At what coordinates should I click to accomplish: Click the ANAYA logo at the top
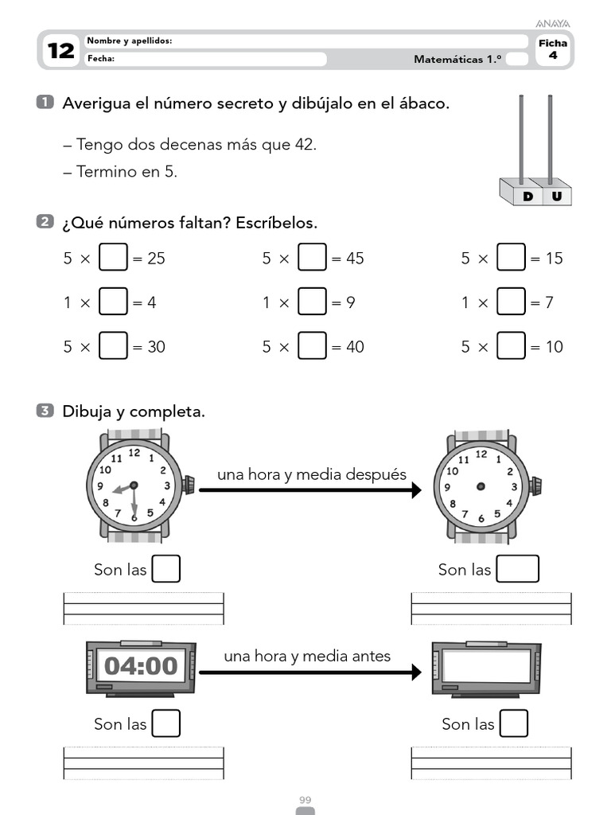point(554,24)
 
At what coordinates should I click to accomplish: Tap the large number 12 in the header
point(60,52)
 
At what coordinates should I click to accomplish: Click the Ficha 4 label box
point(553,49)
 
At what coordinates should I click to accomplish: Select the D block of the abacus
point(527,196)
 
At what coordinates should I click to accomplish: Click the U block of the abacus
point(555,196)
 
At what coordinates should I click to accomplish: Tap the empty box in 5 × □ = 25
point(113,258)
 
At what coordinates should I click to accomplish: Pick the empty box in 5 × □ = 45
point(312,258)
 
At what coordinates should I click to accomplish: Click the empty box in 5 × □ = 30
point(113,346)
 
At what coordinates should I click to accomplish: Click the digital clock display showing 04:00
point(141,666)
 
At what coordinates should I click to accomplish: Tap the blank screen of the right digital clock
point(487,666)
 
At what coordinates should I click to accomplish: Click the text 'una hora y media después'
point(312,475)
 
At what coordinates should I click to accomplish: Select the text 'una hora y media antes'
point(307,657)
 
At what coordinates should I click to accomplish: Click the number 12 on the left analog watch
point(134,453)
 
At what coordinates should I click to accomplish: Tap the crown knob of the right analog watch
point(536,485)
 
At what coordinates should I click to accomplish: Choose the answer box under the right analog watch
point(518,569)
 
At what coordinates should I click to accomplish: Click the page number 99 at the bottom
point(305,799)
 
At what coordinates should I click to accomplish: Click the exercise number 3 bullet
point(45,411)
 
